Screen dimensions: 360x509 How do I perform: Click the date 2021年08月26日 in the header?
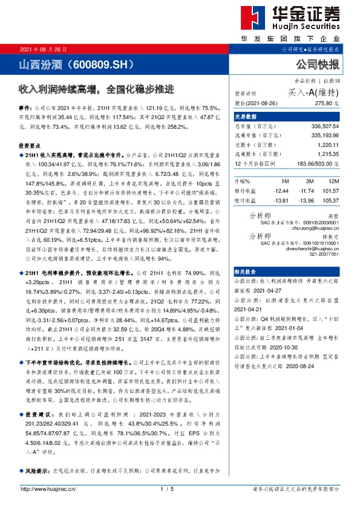(44, 50)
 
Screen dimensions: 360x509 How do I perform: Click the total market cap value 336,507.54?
(322, 128)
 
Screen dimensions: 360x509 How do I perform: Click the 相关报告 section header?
(246, 273)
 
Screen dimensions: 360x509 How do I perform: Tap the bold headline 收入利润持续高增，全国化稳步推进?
(96, 89)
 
